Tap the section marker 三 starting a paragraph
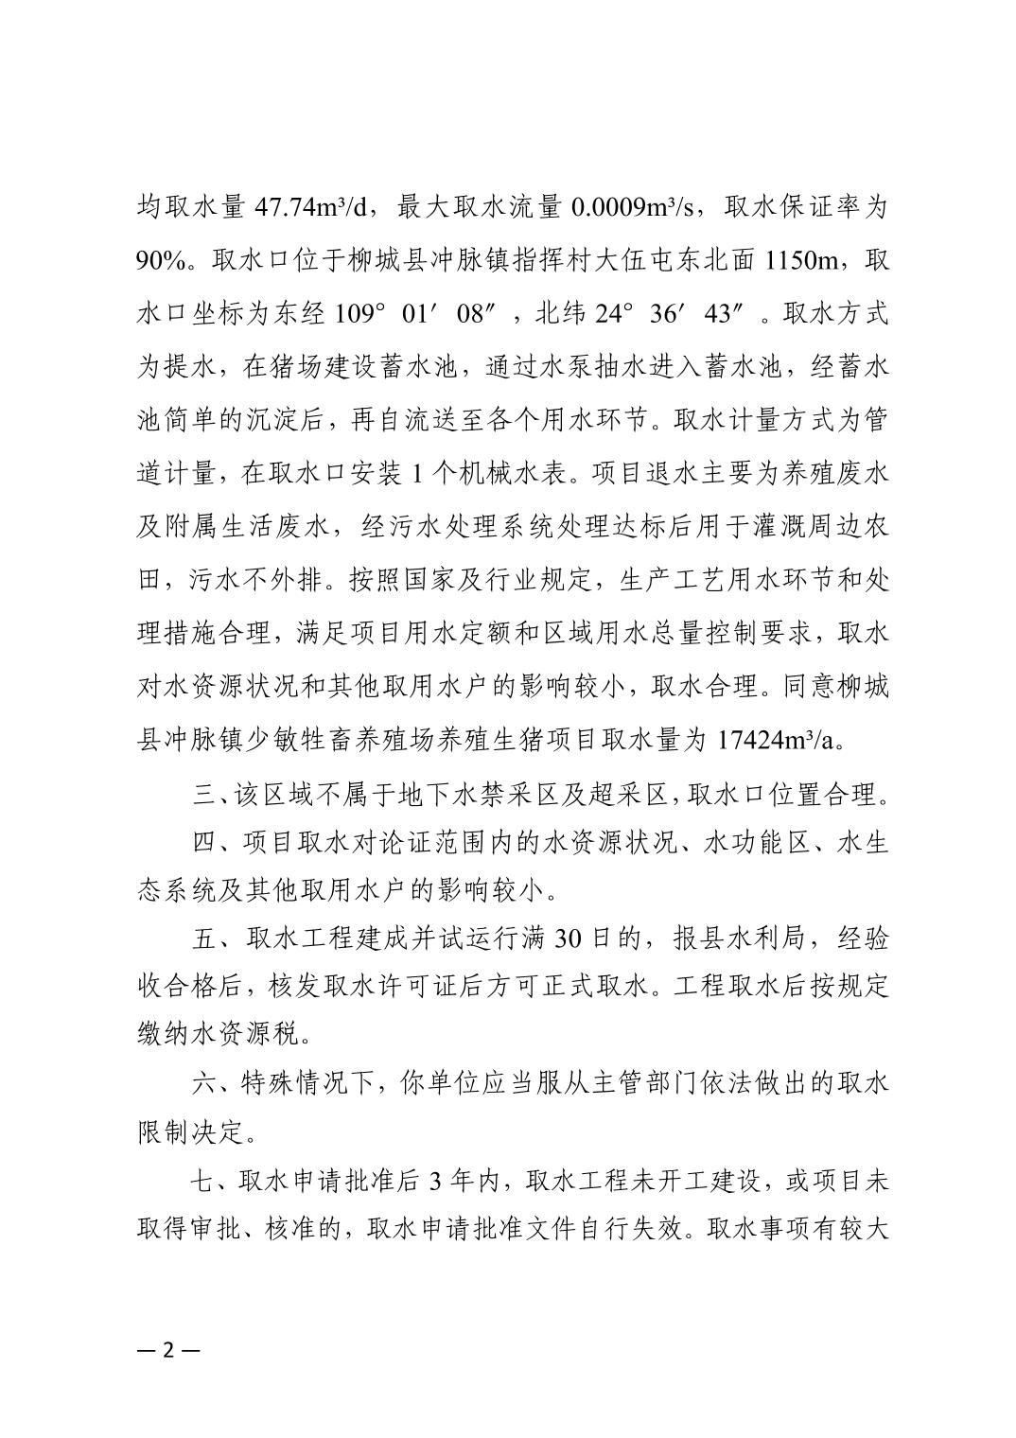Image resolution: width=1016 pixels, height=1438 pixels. pos(204,794)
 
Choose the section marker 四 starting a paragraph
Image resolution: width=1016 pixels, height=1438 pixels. pos(204,842)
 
